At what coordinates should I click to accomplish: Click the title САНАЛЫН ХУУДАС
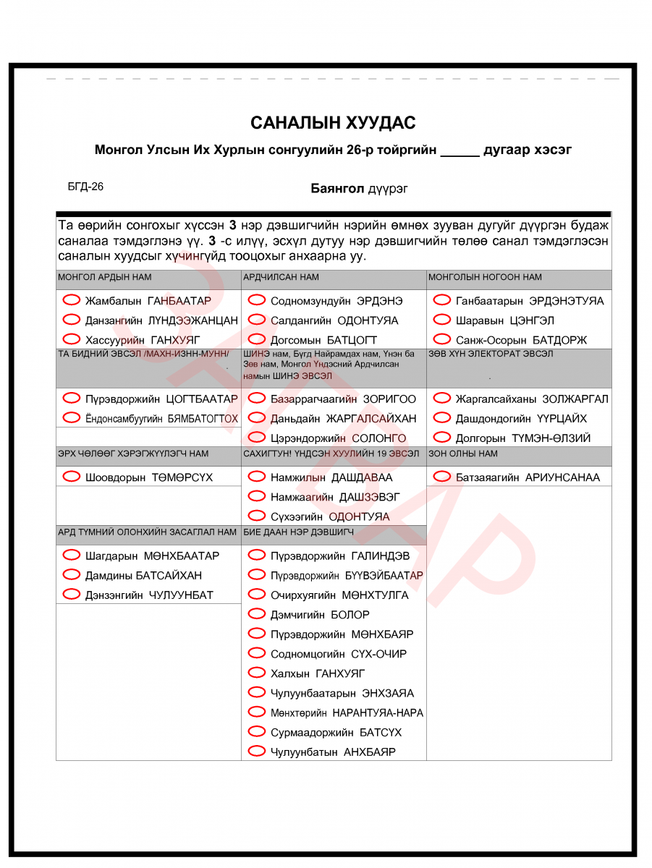[x=333, y=123]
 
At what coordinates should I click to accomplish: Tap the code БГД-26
[x=85, y=187]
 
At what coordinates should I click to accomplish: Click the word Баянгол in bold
[x=336, y=189]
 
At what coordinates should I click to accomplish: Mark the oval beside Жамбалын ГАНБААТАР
[x=72, y=300]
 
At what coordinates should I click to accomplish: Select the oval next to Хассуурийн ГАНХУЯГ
[x=72, y=339]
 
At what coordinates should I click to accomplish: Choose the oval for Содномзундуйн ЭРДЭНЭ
[x=257, y=300]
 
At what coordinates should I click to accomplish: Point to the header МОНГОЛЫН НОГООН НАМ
[x=485, y=278]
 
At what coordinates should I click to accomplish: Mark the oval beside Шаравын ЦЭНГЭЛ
[x=442, y=320]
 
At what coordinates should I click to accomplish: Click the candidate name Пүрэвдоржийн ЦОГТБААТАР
[x=161, y=399]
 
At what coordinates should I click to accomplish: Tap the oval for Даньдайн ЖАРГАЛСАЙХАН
[x=257, y=418]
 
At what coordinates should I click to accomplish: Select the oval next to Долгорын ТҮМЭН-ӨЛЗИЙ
[x=442, y=438]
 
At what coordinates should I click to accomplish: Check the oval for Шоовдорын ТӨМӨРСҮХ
[x=72, y=477]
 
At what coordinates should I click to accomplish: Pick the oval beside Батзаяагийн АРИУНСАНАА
[x=442, y=477]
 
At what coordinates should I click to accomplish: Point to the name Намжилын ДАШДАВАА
[x=331, y=477]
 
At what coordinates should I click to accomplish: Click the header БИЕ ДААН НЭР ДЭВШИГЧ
[x=298, y=532]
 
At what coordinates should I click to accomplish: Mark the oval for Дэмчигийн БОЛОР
[x=257, y=614]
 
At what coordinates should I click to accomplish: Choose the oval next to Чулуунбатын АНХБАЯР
[x=257, y=751]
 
